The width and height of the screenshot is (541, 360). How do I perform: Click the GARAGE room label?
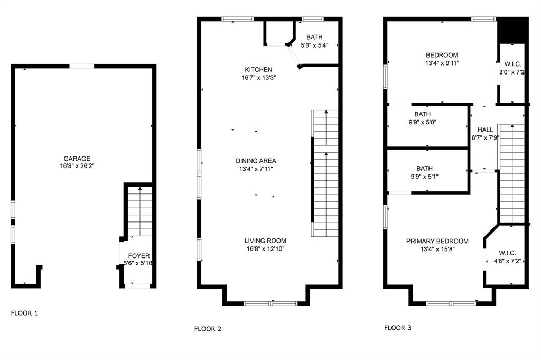(x=77, y=158)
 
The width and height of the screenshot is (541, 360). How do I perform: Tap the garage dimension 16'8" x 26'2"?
(x=77, y=165)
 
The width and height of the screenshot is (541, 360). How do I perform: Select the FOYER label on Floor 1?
(x=139, y=256)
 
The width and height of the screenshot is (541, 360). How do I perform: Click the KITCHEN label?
(x=258, y=70)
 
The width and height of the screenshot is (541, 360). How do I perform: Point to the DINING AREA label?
(x=256, y=161)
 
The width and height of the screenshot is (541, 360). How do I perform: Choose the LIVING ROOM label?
(x=265, y=241)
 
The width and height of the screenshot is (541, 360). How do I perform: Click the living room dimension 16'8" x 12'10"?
(x=265, y=248)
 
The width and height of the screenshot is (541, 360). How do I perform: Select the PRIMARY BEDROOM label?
(x=437, y=241)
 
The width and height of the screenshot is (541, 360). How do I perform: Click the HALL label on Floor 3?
(x=485, y=130)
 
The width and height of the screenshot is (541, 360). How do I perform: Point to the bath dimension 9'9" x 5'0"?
(x=422, y=122)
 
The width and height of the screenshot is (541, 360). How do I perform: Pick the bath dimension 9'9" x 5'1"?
(x=423, y=177)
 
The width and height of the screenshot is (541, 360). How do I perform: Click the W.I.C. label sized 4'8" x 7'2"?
(x=507, y=253)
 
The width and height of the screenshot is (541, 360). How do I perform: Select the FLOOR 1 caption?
(x=24, y=313)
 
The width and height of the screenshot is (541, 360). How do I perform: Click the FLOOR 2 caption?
(x=208, y=329)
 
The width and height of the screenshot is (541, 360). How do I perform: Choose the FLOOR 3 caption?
(x=397, y=328)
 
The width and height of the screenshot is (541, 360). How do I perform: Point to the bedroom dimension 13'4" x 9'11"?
(x=442, y=63)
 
